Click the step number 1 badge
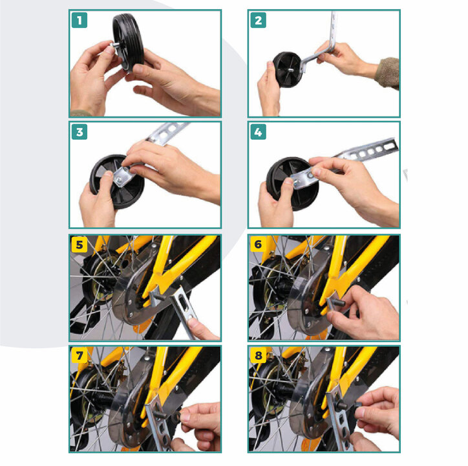pyautogui.click(x=80, y=20)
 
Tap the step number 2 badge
pyautogui.click(x=258, y=20)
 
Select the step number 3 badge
pyautogui.click(x=80, y=132)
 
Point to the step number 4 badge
pyautogui.click(x=258, y=132)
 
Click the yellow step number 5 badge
pyautogui.click(x=80, y=245)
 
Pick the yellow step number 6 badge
pyautogui.click(x=258, y=244)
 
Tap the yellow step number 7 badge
pyautogui.click(x=80, y=355)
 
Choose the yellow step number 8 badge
pyautogui.click(x=258, y=355)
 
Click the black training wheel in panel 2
pyautogui.click(x=287, y=70)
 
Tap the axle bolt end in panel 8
pyautogui.click(x=343, y=406)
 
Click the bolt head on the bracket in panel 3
pyautogui.click(x=120, y=179)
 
